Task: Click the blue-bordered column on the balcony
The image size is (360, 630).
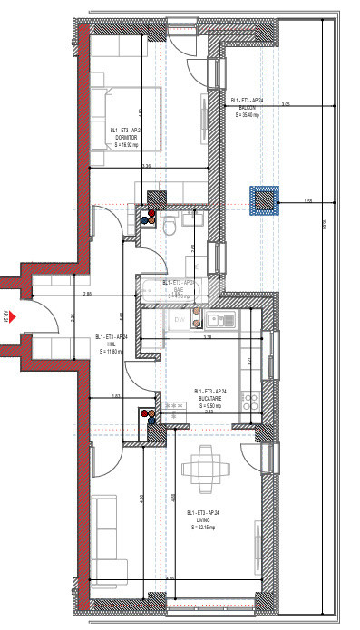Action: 266,200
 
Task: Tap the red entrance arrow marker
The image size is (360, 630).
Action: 7,316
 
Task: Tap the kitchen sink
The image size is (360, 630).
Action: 220,319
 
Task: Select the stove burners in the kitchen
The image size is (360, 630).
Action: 252,400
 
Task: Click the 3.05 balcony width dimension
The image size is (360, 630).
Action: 286,105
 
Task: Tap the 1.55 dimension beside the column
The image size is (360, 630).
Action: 307,201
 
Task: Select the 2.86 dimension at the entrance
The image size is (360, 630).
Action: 87,294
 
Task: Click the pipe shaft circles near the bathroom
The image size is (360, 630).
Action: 148,218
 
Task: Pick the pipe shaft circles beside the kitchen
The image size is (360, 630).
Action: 147,416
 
